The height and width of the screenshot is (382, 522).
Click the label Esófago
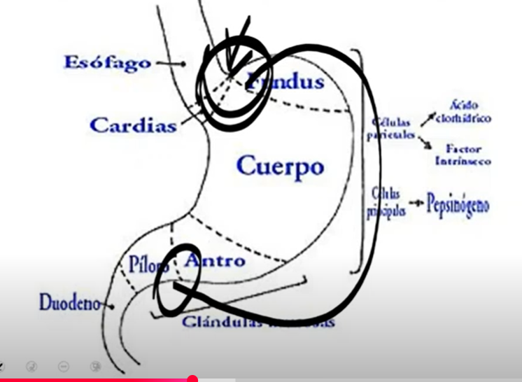coord(107,62)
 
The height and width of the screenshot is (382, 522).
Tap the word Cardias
coord(133,126)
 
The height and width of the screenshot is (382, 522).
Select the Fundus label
coord(286,82)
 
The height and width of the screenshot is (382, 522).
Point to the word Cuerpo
coord(280,167)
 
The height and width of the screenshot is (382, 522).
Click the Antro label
coord(215,261)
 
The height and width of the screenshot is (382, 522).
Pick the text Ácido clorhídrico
coord(463,112)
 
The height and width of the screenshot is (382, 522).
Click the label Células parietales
coord(392,129)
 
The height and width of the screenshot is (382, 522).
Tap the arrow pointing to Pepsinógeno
coord(416,204)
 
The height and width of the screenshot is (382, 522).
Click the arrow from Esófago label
coord(170,63)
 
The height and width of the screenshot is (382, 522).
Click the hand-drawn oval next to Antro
coord(176,280)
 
